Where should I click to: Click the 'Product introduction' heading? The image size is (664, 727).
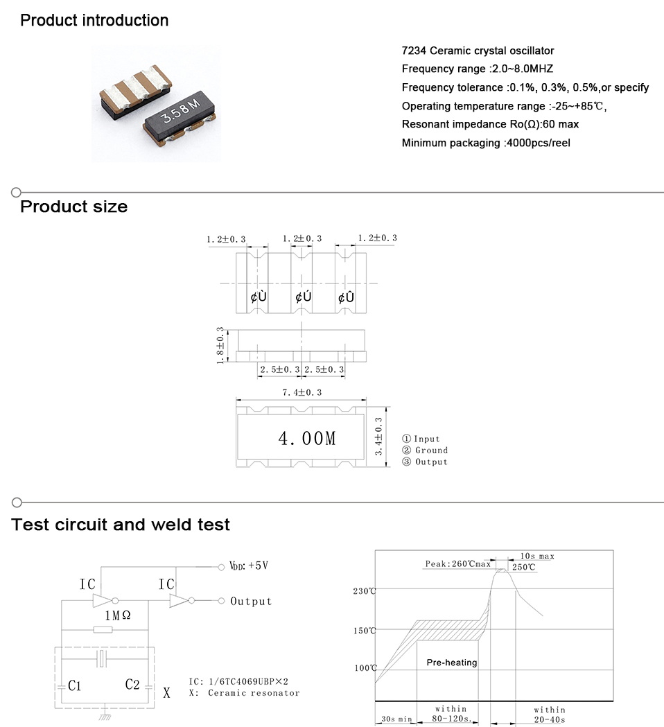(94, 20)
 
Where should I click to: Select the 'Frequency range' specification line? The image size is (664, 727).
(477, 69)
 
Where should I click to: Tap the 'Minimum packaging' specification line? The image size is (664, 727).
(486, 143)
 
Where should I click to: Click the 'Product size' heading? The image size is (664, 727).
(73, 207)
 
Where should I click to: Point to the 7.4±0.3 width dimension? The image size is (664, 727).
(302, 392)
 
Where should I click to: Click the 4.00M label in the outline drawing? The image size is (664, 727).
(306, 438)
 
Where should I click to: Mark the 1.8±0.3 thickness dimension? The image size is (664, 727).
(220, 344)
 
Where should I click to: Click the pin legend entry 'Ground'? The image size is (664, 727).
(426, 450)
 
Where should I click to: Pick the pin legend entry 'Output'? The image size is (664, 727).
(426, 462)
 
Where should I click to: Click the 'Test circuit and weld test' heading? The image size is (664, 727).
(121, 525)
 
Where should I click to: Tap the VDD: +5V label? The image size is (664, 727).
(248, 566)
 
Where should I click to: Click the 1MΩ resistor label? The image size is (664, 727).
(116, 615)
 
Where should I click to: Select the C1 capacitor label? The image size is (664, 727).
(75, 685)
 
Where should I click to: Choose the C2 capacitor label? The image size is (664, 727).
(132, 684)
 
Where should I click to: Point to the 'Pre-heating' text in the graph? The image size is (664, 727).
(452, 663)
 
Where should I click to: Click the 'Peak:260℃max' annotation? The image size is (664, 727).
(457, 565)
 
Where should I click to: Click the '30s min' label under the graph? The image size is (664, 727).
(396, 719)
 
